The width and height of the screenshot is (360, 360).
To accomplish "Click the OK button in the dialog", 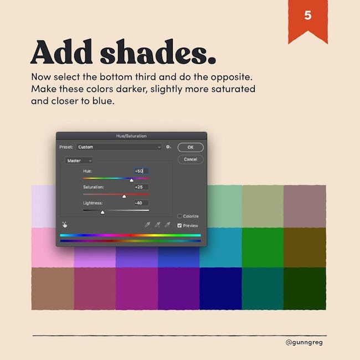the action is [191, 147].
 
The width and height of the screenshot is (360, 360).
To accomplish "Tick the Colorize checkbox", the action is [179, 216].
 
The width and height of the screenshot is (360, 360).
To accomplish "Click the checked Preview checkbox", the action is [179, 225].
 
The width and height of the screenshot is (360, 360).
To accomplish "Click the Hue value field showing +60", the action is [141, 171].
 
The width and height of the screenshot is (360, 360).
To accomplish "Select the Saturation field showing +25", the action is [141, 187].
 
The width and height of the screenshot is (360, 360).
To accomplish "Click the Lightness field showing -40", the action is [141, 203].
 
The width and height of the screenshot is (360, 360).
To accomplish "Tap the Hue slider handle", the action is [132, 180].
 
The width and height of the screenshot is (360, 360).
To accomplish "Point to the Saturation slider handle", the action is [124, 196].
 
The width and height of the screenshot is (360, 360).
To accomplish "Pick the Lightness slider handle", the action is [102, 212].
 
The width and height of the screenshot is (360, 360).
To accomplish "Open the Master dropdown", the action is [79, 161].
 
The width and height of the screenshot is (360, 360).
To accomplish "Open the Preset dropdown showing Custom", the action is [119, 147].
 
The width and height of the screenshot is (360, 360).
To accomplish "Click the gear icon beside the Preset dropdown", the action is [168, 147].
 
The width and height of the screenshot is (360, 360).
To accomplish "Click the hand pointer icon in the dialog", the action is [65, 224].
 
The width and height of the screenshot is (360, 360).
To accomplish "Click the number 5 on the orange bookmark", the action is [307, 16].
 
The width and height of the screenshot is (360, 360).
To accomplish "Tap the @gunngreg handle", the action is [304, 342].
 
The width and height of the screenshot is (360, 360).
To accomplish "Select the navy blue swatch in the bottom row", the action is [220, 289].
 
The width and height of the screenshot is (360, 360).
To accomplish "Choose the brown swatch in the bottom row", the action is [53, 289].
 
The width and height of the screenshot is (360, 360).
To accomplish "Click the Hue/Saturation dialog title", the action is [131, 136].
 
